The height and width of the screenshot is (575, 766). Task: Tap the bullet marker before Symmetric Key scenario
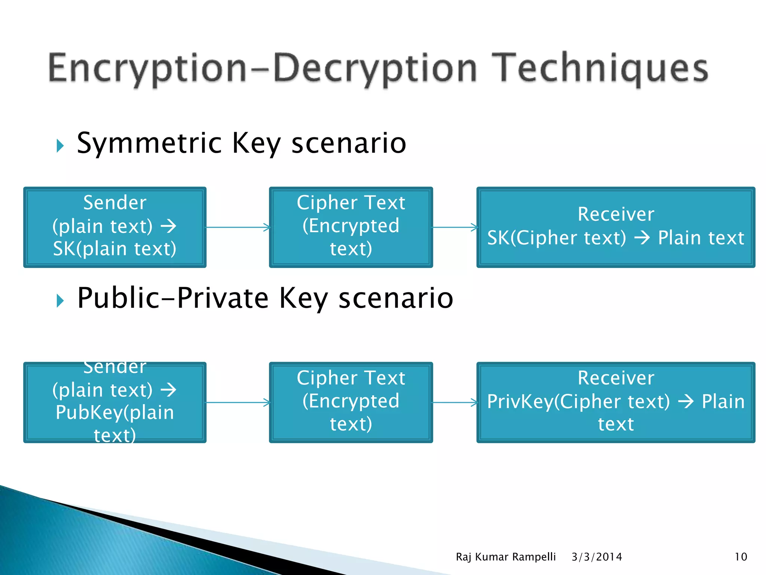[60, 146]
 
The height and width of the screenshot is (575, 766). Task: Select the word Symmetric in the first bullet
[150, 143]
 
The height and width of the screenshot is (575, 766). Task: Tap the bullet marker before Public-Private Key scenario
[60, 300]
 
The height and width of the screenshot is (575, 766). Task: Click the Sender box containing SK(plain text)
[115, 227]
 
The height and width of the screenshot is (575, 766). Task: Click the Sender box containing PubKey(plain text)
[115, 402]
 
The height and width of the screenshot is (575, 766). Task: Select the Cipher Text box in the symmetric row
[351, 227]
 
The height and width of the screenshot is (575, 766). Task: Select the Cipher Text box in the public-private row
[351, 402]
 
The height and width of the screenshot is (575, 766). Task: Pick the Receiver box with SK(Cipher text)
[616, 227]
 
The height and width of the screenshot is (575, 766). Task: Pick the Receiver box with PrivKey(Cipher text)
[616, 402]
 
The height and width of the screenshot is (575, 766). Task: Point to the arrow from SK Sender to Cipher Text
[238, 227]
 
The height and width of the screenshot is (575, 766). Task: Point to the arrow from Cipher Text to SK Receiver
[455, 227]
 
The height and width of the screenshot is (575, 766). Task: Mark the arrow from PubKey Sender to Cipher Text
[238, 402]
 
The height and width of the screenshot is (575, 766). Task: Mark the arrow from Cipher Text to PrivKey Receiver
[455, 402]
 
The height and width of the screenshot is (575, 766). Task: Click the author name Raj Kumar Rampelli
[506, 557]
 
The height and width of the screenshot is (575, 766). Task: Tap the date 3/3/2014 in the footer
[597, 557]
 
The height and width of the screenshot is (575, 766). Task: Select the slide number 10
[741, 557]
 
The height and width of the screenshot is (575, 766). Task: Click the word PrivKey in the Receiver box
[520, 402]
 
